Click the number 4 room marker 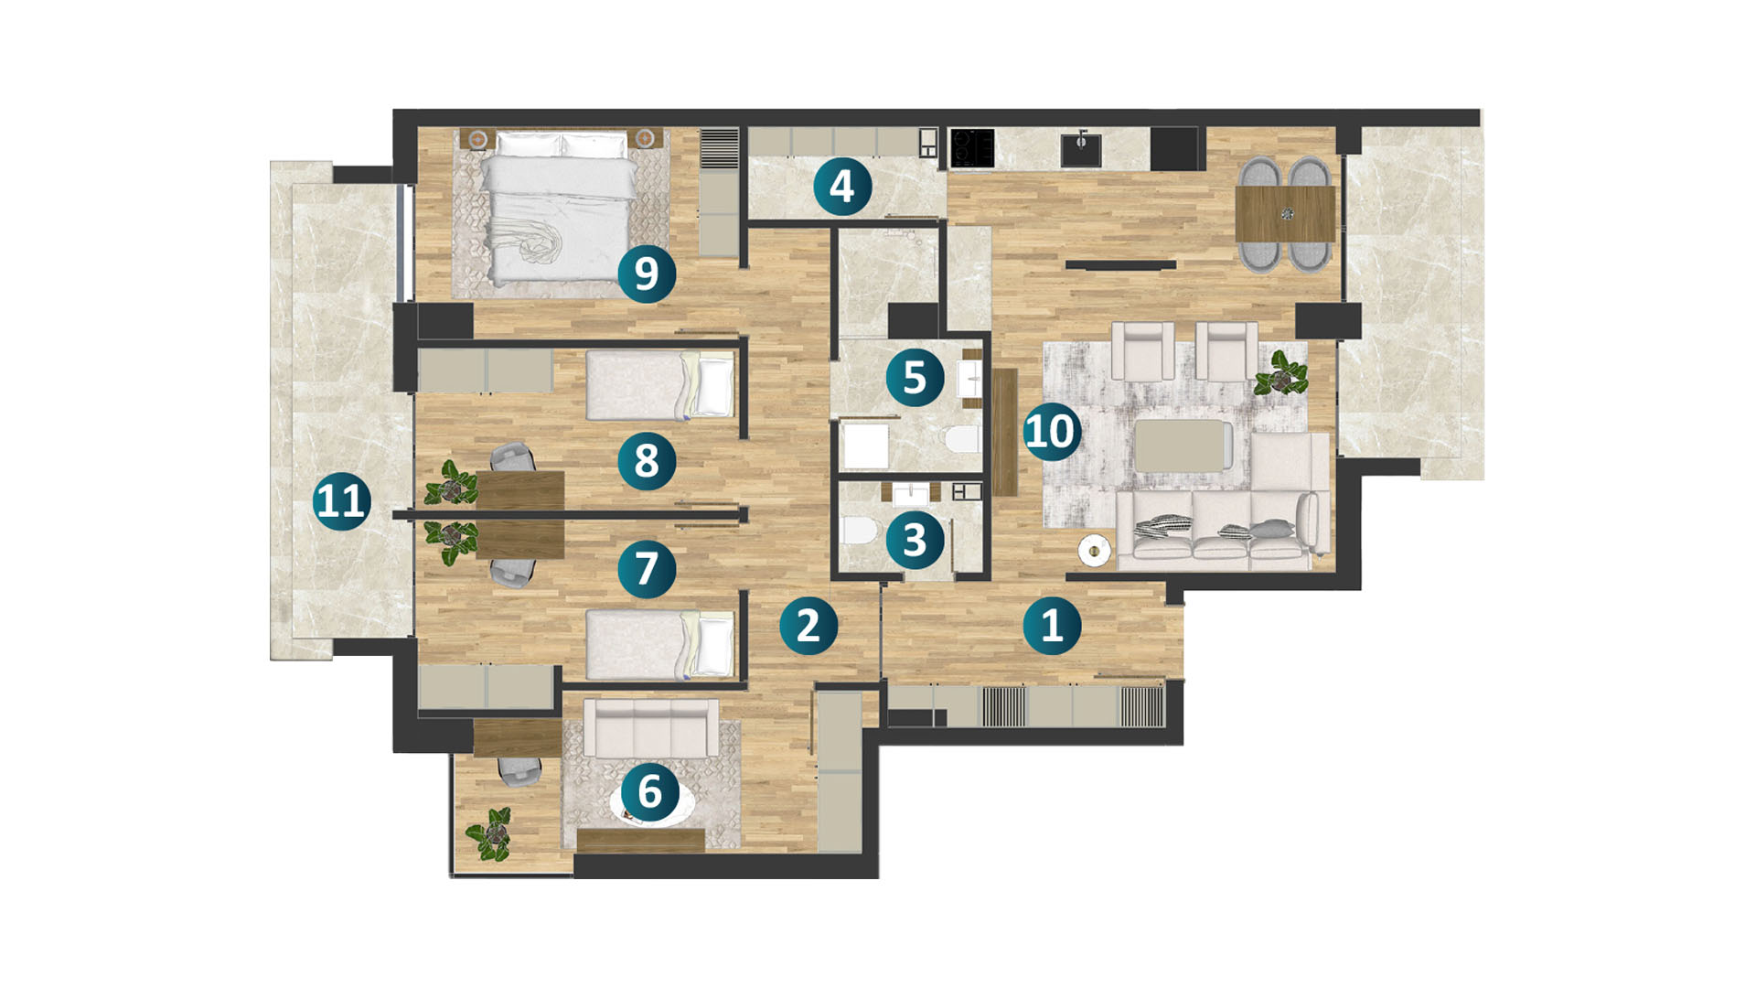(x=842, y=187)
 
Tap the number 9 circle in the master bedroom (x=647, y=274)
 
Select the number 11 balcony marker (x=342, y=501)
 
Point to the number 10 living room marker (x=1050, y=432)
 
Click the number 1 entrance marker (x=1053, y=626)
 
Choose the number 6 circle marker (x=650, y=791)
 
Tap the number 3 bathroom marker (x=915, y=540)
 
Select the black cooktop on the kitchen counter (x=972, y=148)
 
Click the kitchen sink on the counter (x=1081, y=149)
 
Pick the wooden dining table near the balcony (x=1285, y=213)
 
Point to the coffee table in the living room (x=1183, y=445)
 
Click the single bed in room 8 (x=659, y=385)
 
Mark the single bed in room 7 (x=659, y=646)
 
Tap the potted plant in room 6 (x=490, y=833)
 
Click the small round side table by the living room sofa (x=1094, y=551)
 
